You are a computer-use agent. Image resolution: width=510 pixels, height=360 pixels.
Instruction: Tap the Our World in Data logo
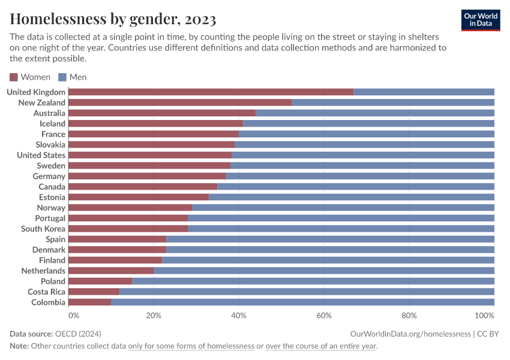click(x=480, y=20)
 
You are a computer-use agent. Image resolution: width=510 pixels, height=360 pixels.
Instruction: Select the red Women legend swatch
click(x=14, y=77)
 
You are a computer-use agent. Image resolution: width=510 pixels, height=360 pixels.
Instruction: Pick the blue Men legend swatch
click(x=62, y=77)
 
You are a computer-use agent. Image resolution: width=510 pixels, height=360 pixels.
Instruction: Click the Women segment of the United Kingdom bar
click(x=211, y=92)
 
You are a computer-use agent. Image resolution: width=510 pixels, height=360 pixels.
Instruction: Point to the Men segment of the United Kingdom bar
click(x=424, y=92)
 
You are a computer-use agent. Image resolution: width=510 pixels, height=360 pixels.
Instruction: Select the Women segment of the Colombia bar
click(x=90, y=302)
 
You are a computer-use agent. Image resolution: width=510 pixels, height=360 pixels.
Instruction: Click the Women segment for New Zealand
click(x=180, y=103)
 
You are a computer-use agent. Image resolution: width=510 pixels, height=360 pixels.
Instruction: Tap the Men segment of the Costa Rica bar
click(x=307, y=292)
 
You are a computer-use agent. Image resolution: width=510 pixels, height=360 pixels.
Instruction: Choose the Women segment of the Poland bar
click(x=100, y=281)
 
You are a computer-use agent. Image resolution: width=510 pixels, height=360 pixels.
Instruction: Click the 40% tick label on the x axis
click(x=239, y=316)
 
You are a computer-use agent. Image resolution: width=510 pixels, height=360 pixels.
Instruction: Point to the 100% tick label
click(x=484, y=316)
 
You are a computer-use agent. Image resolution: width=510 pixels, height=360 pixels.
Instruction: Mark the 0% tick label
click(x=73, y=316)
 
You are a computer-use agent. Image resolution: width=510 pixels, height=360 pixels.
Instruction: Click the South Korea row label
click(x=43, y=229)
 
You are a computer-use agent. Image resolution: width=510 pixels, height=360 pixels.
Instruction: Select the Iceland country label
click(x=52, y=124)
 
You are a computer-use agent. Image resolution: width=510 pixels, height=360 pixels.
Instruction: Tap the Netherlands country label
click(x=43, y=271)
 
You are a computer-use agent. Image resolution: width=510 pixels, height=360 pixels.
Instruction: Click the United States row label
click(x=41, y=155)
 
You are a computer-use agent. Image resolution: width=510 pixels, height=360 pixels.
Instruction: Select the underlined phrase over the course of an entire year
click(x=321, y=346)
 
